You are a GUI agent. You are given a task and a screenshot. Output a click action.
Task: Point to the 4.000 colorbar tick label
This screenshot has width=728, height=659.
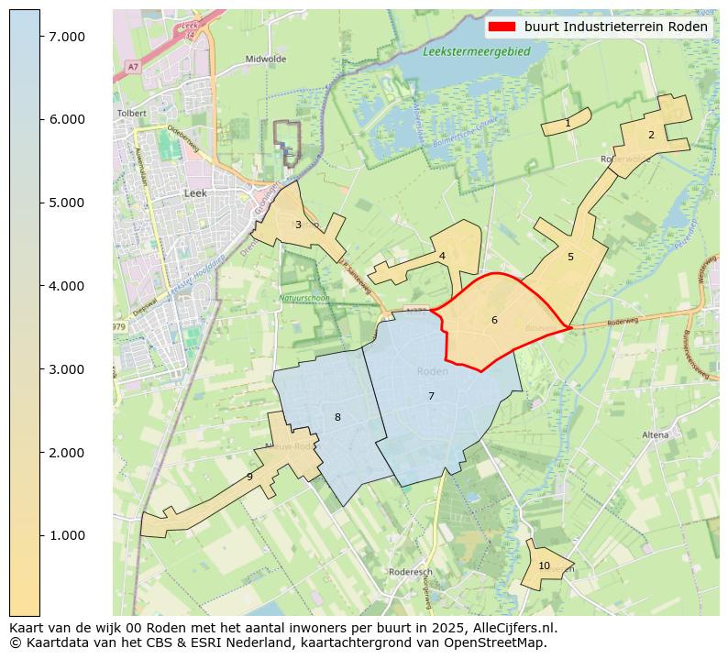(x=67, y=286)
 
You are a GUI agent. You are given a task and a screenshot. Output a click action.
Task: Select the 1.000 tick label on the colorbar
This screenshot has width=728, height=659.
(x=67, y=535)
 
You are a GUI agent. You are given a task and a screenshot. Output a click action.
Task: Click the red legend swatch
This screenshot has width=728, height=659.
(x=502, y=27)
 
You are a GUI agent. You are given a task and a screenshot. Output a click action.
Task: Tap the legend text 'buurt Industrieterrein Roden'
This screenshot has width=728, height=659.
(x=615, y=27)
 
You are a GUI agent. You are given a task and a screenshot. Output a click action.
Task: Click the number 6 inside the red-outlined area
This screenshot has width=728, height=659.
(x=494, y=320)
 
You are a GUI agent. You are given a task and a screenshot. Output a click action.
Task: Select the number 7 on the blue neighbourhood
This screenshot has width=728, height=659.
(x=431, y=396)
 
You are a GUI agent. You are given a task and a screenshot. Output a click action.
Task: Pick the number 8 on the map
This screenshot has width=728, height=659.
(x=337, y=417)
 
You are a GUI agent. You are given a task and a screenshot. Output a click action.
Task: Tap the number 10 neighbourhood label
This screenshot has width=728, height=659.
(x=544, y=566)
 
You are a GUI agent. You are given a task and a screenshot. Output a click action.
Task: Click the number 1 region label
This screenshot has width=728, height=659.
(x=568, y=123)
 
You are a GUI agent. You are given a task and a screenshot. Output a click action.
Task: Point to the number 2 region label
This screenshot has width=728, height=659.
(x=651, y=135)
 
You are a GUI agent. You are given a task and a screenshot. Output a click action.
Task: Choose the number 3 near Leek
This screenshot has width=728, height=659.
(x=298, y=225)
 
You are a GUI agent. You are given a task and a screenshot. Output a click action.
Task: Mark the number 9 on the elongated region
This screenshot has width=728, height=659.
(x=249, y=477)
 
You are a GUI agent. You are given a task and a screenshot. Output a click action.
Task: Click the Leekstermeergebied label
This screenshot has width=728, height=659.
(x=477, y=52)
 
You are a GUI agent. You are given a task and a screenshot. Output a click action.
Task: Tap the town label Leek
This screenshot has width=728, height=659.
(x=195, y=193)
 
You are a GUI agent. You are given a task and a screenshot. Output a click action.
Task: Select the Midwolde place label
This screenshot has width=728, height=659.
(x=266, y=59)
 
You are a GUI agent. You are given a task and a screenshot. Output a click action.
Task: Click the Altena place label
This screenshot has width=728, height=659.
(x=656, y=434)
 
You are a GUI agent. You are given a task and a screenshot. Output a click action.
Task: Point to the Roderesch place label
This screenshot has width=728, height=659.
(x=410, y=571)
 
